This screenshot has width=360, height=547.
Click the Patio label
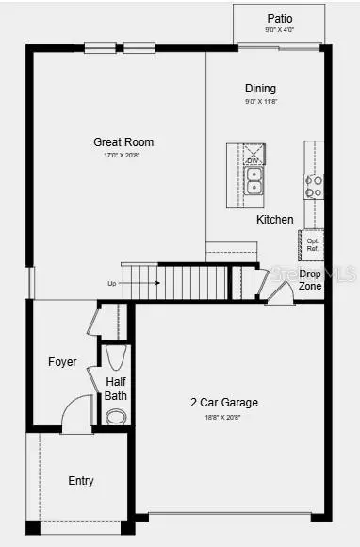pos(280,18)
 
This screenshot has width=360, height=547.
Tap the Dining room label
pos(260,89)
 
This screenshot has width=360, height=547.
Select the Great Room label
pos(123,142)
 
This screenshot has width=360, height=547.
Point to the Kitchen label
pos(274,220)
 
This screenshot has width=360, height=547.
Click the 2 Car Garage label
pos(223,403)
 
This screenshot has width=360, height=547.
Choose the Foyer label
pos(62,362)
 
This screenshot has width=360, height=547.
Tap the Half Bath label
pos(116,389)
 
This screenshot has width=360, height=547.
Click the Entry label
pos(81,481)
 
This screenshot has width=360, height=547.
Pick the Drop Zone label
pos(310,279)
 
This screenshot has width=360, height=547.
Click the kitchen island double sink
pos(253,179)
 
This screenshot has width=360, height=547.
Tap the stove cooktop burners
pos(313,186)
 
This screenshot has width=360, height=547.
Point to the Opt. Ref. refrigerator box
pos(313,244)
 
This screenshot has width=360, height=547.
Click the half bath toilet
pos(116,356)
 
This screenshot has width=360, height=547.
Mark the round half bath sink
pos(116,417)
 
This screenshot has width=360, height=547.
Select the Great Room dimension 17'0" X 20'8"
pos(123,156)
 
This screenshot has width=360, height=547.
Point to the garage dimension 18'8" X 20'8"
pos(223,416)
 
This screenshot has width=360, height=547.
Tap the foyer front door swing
pos(75,415)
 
